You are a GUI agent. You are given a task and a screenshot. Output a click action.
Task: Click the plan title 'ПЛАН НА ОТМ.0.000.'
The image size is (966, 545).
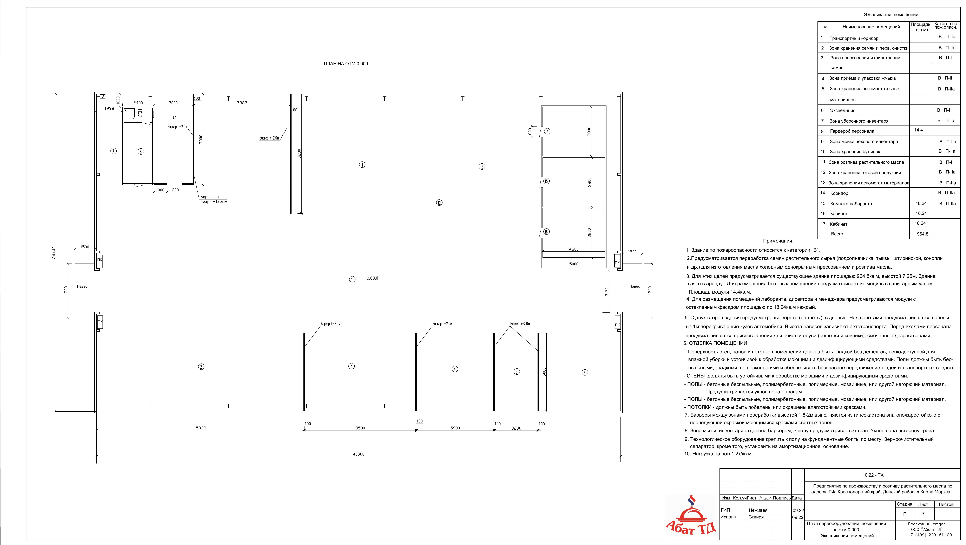pos(347,64)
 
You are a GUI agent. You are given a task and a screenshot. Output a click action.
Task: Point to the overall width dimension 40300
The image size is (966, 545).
pos(359,454)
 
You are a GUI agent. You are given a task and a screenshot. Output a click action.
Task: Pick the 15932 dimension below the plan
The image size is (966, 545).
pos(200,428)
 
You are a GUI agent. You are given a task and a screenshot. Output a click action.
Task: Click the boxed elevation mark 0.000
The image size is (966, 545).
pos(372,278)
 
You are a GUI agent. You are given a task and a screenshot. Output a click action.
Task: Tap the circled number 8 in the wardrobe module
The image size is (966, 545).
pos(141,151)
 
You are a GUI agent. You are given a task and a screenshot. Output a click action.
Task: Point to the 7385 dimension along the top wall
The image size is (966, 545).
pos(242,103)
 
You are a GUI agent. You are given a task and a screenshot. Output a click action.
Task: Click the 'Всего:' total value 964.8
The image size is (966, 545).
pos(922,234)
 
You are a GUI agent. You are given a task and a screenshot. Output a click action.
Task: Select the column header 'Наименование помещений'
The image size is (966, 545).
pos(871,27)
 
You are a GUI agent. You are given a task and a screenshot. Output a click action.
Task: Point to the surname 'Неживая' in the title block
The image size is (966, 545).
pos(758,510)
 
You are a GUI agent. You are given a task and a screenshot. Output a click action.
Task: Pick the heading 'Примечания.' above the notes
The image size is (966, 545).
pos(778,241)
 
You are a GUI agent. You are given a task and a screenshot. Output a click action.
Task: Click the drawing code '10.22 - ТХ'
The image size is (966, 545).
pos(873,475)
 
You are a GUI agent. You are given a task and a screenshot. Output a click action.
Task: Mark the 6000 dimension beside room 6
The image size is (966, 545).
pos(544,372)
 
